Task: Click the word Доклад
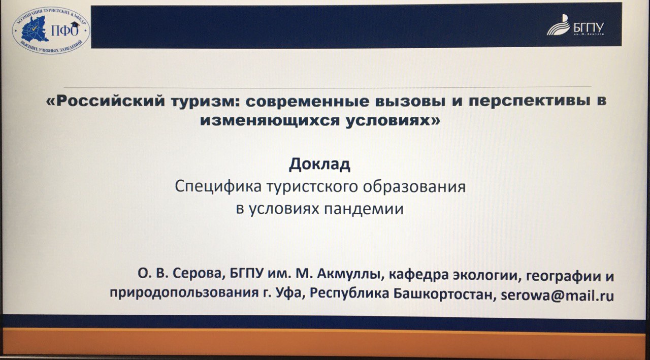click(319, 165)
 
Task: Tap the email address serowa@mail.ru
click(557, 296)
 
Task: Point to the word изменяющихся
click(270, 121)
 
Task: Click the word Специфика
click(218, 187)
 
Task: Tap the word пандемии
click(364, 209)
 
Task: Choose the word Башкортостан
click(443, 294)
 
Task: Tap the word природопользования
click(184, 293)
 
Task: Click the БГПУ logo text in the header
click(588, 28)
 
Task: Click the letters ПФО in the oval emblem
click(64, 30)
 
